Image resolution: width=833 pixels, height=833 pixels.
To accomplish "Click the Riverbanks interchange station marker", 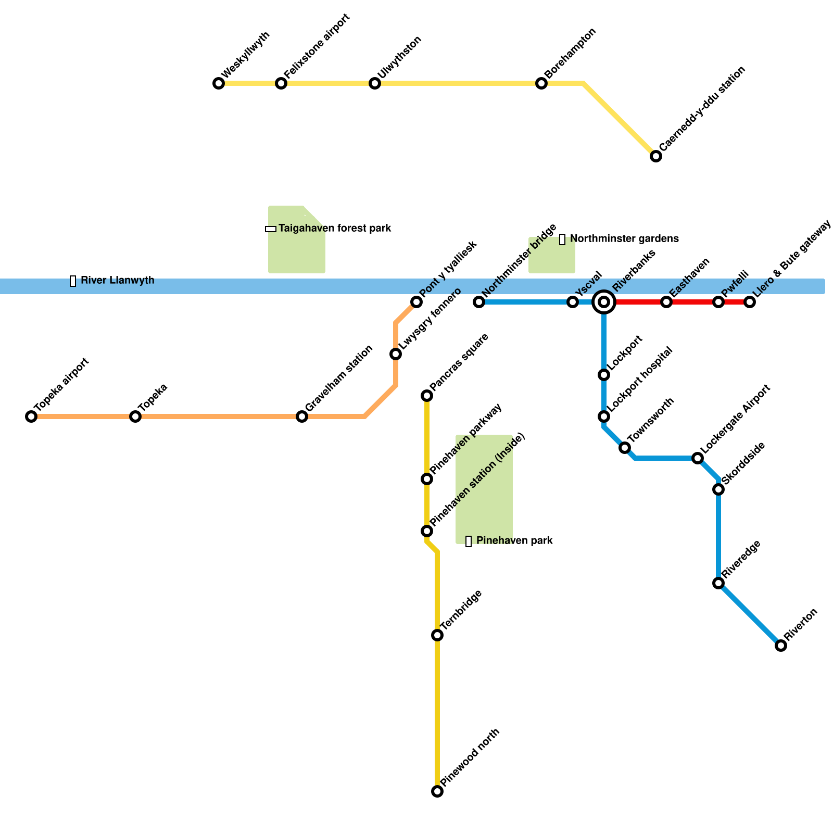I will [x=604, y=302].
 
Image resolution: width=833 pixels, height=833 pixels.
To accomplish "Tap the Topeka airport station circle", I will [x=31, y=416].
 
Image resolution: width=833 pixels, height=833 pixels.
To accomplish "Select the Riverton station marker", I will [x=781, y=646].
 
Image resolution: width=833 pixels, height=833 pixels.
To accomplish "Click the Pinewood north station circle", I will [x=437, y=791].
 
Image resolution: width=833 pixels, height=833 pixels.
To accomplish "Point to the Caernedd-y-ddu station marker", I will [x=656, y=156].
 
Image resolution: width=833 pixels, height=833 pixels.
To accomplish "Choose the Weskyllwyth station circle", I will [x=219, y=83].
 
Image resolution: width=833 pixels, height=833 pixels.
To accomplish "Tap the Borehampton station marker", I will [x=541, y=83].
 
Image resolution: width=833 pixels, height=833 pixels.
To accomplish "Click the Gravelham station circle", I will [x=302, y=416].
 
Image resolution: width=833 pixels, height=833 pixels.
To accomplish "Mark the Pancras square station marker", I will [x=427, y=396].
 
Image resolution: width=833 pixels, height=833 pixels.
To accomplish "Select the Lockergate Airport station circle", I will [x=698, y=458].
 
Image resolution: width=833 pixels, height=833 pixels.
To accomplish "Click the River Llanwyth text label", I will [x=117, y=281].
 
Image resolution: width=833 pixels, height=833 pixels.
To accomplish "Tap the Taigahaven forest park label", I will [x=334, y=229].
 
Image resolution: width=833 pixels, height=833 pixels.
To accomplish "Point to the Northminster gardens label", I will [x=624, y=239].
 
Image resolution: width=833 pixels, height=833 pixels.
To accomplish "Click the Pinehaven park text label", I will [x=514, y=541].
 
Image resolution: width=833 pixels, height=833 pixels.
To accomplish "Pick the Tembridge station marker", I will [x=437, y=635].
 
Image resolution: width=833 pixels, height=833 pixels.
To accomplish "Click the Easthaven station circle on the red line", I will [x=666, y=302].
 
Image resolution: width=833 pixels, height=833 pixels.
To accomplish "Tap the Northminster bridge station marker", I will [x=479, y=302].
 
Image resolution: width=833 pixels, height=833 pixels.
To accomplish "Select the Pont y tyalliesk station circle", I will [x=416, y=302].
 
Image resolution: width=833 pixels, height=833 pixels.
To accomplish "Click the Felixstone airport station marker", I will [x=281, y=83].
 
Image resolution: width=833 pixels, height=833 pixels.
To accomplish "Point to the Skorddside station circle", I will [x=718, y=489].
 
